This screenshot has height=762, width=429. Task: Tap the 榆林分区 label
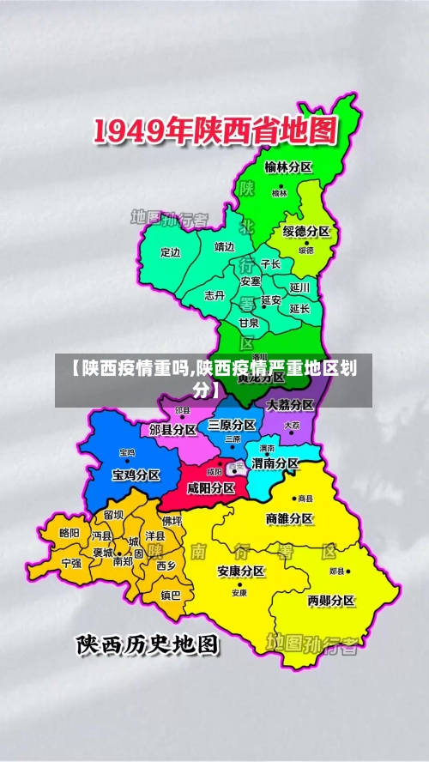[288, 167]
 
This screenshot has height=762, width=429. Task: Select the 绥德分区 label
[306, 232]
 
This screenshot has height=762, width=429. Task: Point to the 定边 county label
[172, 252]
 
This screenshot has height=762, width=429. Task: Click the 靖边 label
[224, 247]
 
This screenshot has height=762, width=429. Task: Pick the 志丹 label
[214, 295]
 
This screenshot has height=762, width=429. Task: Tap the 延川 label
[299, 287]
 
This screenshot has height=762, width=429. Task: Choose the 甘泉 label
[249, 323]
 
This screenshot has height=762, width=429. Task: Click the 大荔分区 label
[290, 404]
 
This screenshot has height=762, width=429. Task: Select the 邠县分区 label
[173, 429]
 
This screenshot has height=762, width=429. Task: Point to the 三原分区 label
[232, 426]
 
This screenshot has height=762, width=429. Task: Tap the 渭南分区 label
[275, 463]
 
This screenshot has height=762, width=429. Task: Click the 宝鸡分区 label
[136, 474]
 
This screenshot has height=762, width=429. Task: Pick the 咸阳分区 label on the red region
[211, 487]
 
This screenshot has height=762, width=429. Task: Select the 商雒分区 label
[290, 518]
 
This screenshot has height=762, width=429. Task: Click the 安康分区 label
[241, 571]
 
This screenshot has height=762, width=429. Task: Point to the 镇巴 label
[172, 595]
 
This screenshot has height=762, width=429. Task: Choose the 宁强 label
[72, 563]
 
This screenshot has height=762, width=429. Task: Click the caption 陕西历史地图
[148, 645]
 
